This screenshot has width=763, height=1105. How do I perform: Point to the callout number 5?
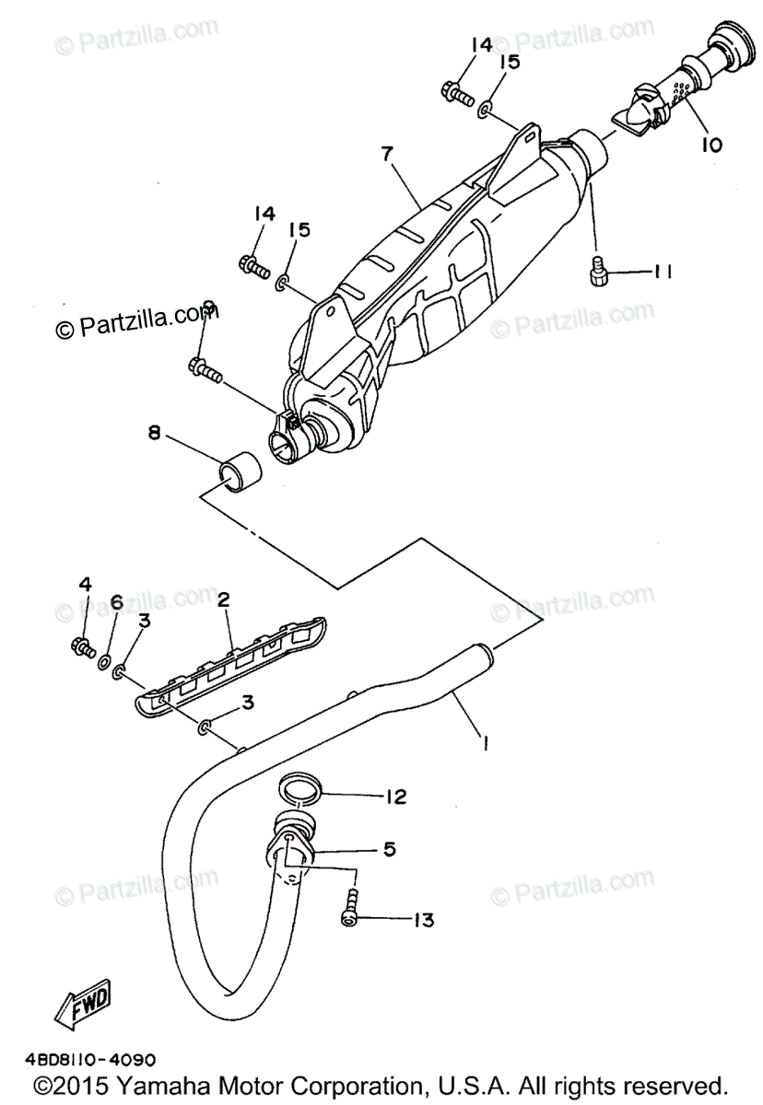390,849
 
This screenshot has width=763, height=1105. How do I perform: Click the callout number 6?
116,601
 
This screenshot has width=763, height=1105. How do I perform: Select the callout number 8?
154,431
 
